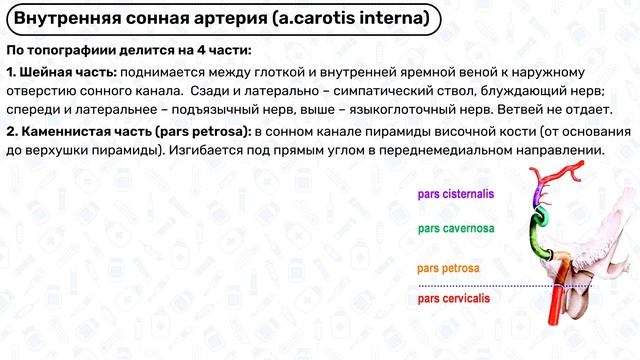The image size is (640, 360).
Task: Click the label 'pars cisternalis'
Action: [455, 195]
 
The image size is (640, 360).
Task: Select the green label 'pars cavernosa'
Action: [455, 229]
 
